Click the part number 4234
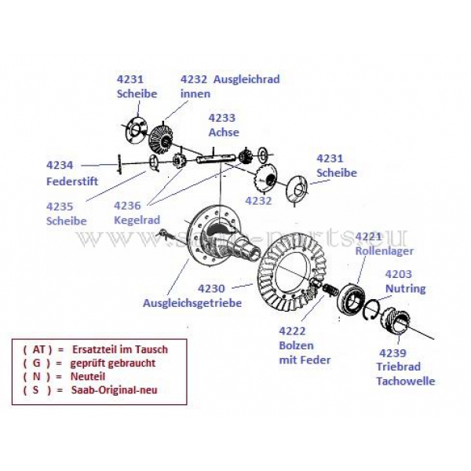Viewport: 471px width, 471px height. point(60,166)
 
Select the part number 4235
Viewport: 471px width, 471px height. point(60,206)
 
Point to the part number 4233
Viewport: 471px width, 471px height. point(221,118)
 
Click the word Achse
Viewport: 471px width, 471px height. point(223,133)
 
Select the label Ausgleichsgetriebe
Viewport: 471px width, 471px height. point(192,302)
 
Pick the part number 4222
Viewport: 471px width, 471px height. point(294,332)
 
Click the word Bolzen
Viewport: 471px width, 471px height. point(297,346)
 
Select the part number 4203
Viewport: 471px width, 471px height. point(399,274)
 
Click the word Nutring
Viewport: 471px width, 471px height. point(406,288)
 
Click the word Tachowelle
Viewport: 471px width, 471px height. point(404,381)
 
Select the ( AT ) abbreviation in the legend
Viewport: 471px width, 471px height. point(37,349)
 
